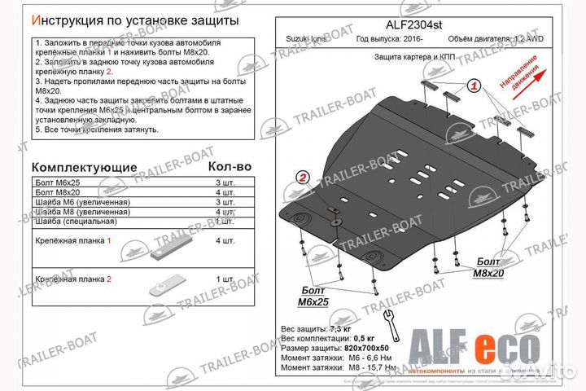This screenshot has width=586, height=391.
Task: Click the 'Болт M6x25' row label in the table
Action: tap(59, 183)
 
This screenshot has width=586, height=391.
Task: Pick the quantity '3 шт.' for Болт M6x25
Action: tap(225, 183)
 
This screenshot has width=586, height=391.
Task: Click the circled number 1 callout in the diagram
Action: tap(474, 86)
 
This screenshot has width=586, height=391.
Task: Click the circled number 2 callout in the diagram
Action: tap(303, 179)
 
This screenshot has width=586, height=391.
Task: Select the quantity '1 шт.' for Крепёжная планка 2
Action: tap(225, 279)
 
